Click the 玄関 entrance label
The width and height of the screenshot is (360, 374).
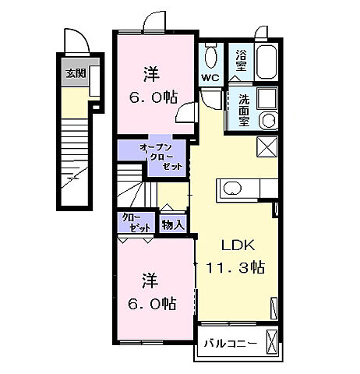pos(75,74)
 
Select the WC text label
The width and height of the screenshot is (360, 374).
pos(210,79)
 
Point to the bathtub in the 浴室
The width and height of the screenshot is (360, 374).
pos(266,58)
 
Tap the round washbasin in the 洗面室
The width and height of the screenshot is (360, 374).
pos(267,120)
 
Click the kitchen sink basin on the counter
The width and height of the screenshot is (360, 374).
pos(231,188)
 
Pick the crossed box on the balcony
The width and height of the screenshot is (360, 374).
pos(272,341)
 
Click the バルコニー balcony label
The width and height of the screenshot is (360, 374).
pos(231,342)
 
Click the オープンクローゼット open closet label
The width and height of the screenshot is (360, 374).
pos(161,156)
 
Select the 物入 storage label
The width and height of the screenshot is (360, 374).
pos(173,224)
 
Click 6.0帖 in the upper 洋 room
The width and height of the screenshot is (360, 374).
pos(152,98)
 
